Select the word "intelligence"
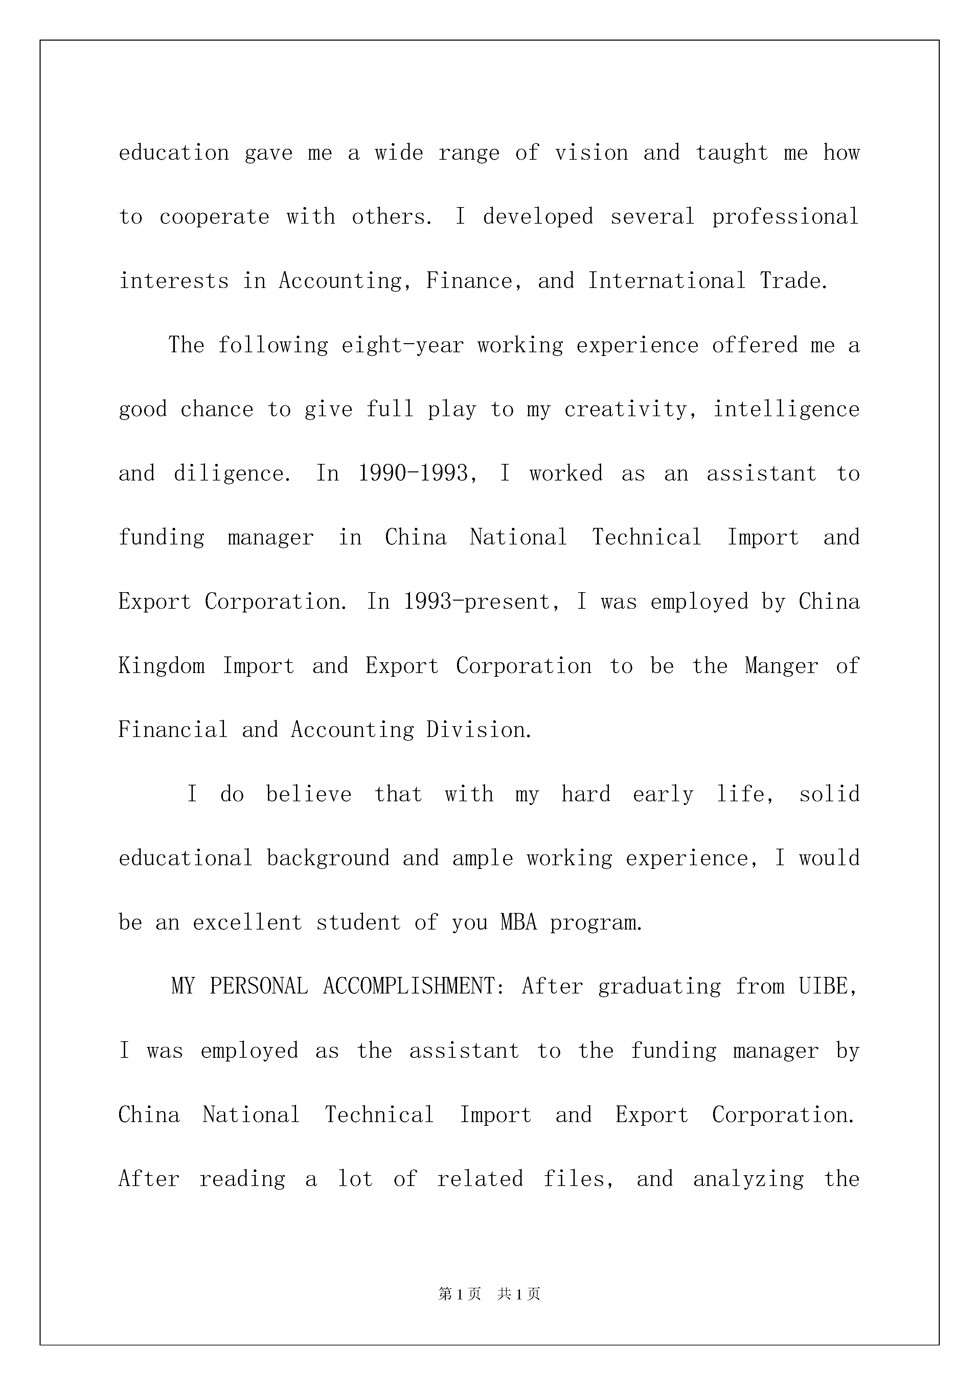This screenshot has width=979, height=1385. point(786,409)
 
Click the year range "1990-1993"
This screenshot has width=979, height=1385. point(413,473)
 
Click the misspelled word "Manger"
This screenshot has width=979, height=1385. point(781,666)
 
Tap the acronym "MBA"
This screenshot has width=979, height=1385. point(518,922)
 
